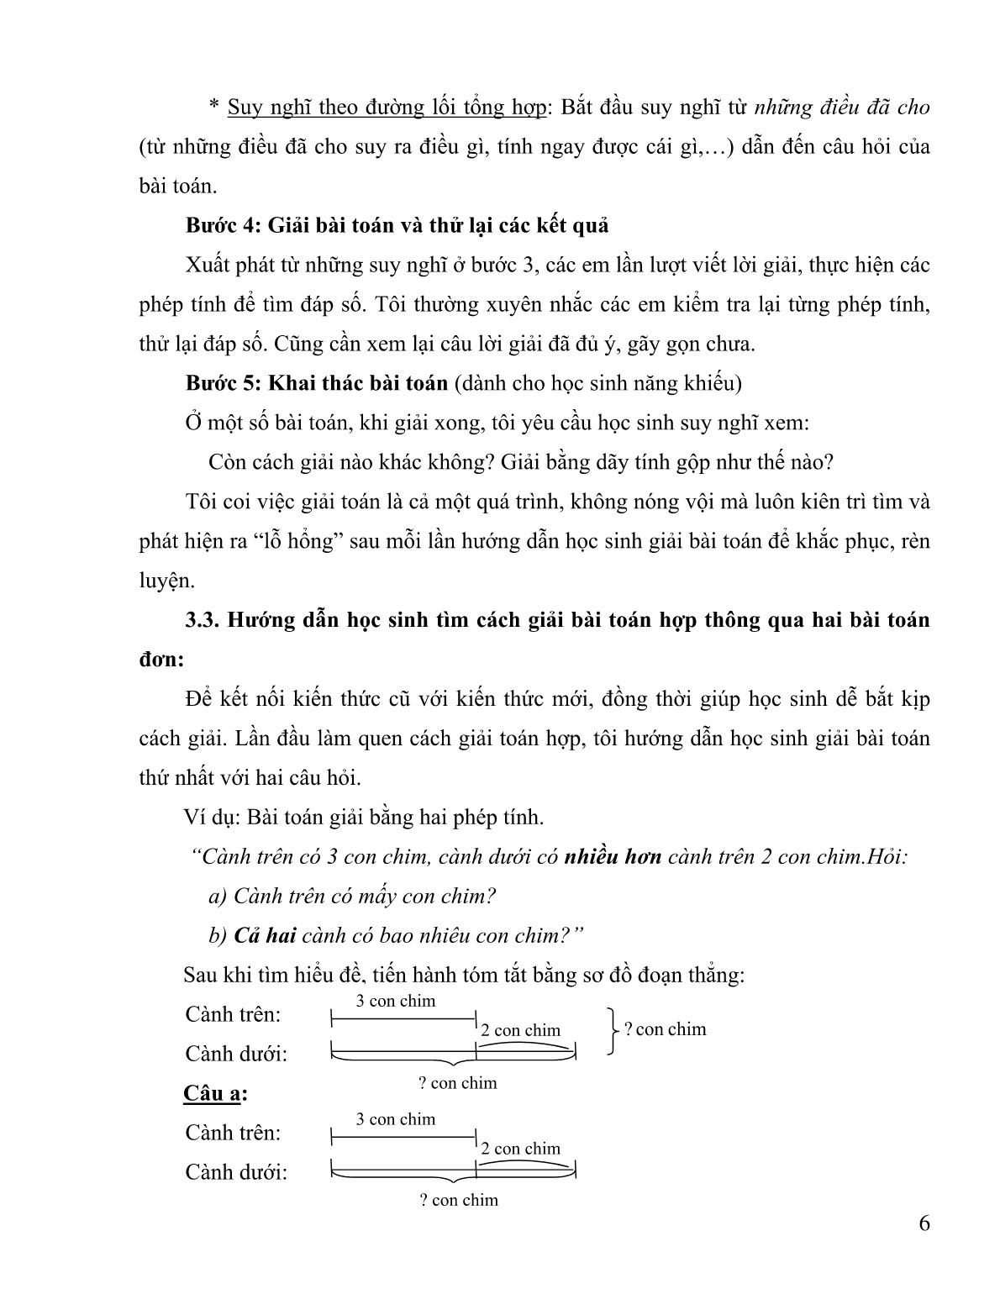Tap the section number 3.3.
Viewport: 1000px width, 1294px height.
[x=202, y=621]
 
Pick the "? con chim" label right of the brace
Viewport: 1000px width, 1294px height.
[x=666, y=1029]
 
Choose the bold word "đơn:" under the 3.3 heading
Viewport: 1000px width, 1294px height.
[x=161, y=660]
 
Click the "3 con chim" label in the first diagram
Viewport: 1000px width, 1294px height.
[x=396, y=1001]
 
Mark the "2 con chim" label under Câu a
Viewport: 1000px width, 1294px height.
[x=520, y=1149]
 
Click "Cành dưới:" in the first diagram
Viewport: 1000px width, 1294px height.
[x=236, y=1054]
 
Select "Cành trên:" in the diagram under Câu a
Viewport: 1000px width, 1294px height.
[x=233, y=1133]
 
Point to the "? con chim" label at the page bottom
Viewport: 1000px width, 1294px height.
[x=459, y=1200]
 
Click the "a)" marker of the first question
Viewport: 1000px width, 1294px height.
[x=218, y=897]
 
